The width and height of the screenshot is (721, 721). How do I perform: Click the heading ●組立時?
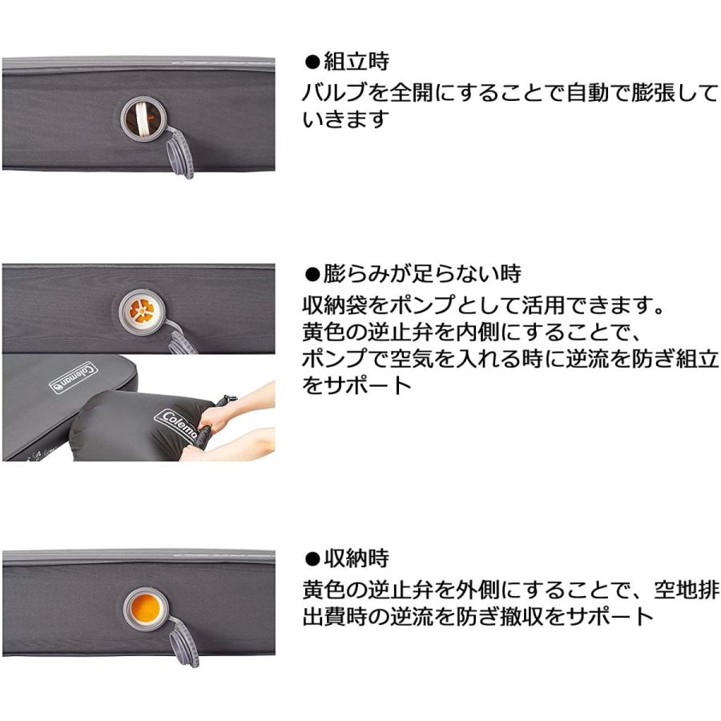click(346, 62)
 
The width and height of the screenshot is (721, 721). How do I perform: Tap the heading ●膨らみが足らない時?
click(413, 274)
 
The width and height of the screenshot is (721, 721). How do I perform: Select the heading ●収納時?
click(346, 558)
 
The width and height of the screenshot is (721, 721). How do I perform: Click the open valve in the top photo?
click(143, 119)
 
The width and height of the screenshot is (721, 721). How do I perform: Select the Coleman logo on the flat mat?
click(75, 377)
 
